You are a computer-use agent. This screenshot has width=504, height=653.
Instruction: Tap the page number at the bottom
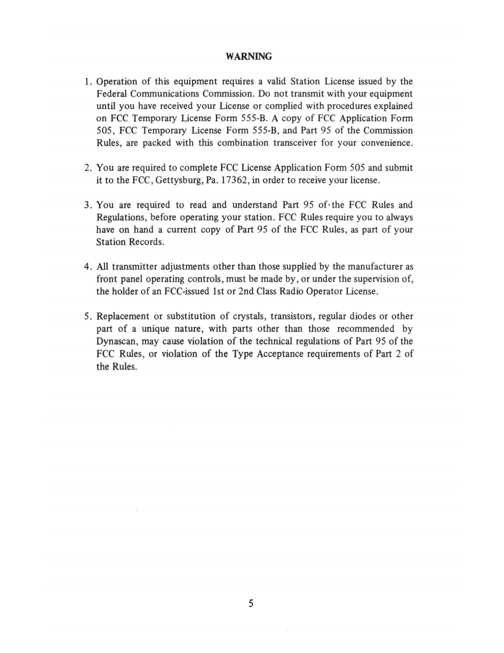tap(251, 604)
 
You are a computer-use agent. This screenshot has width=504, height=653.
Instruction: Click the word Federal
tap(111, 93)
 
